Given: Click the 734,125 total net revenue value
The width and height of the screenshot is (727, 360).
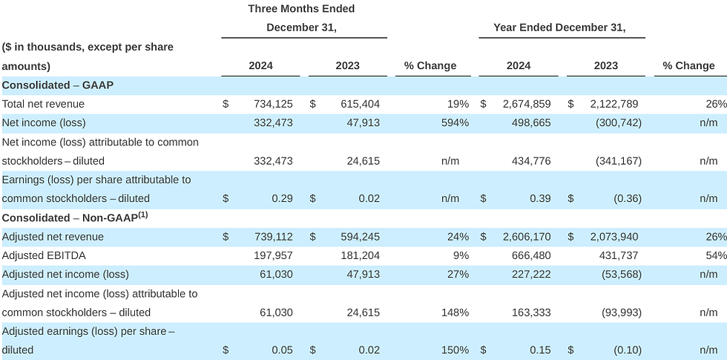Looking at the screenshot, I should tap(272, 104).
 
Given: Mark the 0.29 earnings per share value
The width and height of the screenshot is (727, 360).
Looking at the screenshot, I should tap(282, 198).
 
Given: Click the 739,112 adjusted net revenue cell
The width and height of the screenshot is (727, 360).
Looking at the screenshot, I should tap(272, 237).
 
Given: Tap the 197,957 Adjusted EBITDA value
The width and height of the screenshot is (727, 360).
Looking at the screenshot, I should tap(272, 255).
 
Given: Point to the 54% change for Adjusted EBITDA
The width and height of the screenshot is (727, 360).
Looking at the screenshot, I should tap(717, 255).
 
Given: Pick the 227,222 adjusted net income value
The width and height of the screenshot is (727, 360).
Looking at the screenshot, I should tap(531, 275).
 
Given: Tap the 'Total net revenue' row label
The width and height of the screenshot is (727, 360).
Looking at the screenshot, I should tap(43, 104).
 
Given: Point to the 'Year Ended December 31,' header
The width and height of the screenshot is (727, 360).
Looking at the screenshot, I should tap(559, 28).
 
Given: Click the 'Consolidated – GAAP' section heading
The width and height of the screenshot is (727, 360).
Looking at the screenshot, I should tap(57, 85).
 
